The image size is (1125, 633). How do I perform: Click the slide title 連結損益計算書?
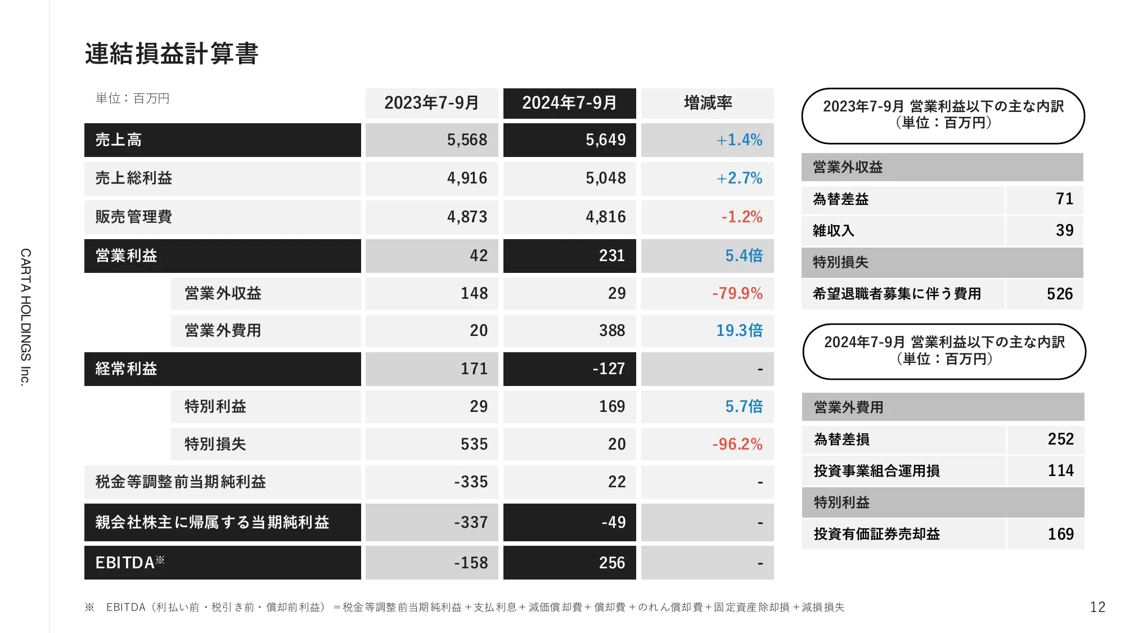coord(172,54)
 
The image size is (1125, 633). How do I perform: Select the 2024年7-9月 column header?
coord(569,103)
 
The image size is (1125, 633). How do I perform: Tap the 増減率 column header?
coord(708,103)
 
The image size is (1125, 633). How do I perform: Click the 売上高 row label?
coord(118,140)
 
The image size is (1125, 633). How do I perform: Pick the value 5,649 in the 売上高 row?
coord(605,140)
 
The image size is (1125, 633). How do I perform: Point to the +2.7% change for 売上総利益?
coord(739,178)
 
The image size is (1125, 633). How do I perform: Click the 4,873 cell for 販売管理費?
coord(467,217)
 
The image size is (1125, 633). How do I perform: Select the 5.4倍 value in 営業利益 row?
coord(744,256)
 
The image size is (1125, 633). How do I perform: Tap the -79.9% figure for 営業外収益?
coord(737,294)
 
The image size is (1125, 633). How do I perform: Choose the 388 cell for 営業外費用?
coord(612,331)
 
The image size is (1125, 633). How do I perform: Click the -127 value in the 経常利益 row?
coord(609,369)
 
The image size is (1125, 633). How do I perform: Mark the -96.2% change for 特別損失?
coord(737,445)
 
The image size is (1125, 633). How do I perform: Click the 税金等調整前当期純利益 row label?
coord(181,482)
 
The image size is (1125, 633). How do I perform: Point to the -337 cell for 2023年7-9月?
coord(471,523)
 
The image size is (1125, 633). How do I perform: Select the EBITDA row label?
coord(125,563)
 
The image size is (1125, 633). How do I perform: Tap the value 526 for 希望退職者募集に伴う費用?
coord(1060,294)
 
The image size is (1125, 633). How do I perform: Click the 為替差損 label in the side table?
coord(841,439)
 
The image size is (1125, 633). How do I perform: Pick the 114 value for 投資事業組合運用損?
coord(1060,471)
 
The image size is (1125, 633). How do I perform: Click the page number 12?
coord(1097,607)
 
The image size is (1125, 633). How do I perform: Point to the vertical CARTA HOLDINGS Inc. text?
coord(25,317)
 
